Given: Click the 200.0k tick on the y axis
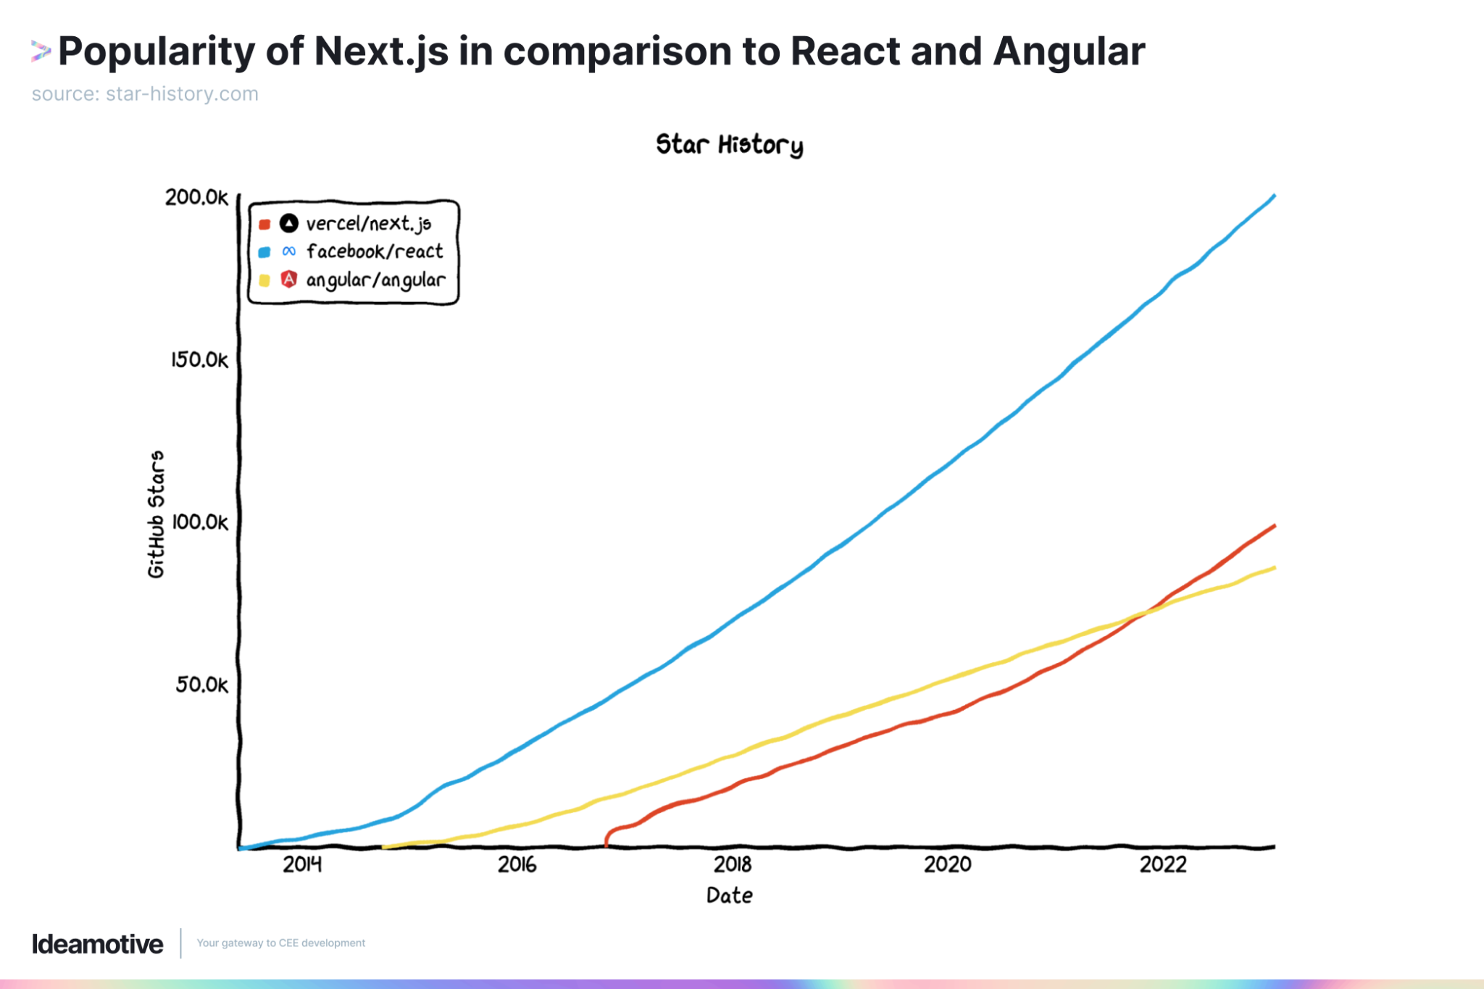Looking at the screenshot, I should [x=196, y=197].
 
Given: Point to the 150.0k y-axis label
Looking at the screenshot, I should [x=199, y=359].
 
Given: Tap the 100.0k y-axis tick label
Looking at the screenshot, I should [x=199, y=522].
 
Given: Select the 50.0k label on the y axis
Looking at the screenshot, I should [x=201, y=684].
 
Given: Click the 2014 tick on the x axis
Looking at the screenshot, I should [x=302, y=864].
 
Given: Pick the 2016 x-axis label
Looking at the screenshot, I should [x=517, y=864].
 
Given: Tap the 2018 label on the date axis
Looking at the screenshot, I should [x=733, y=864].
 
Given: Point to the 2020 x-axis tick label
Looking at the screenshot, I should [x=947, y=864].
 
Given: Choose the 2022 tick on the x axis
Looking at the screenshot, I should [x=1163, y=864].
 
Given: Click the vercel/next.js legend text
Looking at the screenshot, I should [x=368, y=224].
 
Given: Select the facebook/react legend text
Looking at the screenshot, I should [x=374, y=251].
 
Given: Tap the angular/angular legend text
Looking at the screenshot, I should [x=375, y=280].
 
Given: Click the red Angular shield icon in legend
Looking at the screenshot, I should [x=289, y=279].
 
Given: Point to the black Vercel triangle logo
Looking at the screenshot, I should [x=289, y=223].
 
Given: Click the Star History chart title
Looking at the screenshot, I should [x=729, y=144].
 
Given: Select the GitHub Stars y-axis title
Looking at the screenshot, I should [x=156, y=514].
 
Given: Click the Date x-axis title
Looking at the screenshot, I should [x=729, y=896].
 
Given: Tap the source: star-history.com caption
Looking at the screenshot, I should [x=145, y=94].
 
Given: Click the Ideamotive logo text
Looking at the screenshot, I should [x=97, y=944].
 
